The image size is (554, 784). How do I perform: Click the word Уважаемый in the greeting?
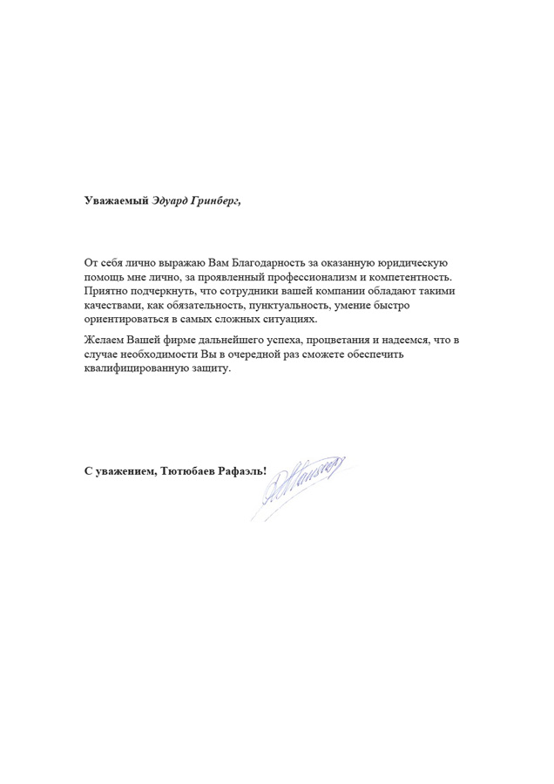pos(111,200)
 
